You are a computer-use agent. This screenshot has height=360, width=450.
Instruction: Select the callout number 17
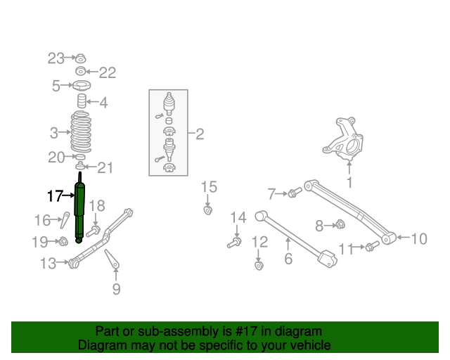(x=55, y=195)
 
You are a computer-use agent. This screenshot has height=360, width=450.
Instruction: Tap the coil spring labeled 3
(x=82, y=132)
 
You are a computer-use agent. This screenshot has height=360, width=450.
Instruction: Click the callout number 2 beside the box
(x=199, y=134)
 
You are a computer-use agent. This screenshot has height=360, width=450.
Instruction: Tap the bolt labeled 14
(x=235, y=243)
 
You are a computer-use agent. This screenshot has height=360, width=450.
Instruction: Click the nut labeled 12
(x=258, y=266)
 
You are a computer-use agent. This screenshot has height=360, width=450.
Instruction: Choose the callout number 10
(x=418, y=239)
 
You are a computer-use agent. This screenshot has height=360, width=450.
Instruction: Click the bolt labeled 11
(x=371, y=246)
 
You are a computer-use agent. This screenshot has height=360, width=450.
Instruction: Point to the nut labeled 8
(x=339, y=225)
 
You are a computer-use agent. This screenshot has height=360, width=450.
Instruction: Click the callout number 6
(x=288, y=259)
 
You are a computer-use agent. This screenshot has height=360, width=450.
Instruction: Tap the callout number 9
(x=116, y=288)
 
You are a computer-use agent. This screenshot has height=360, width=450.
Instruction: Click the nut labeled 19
(x=62, y=242)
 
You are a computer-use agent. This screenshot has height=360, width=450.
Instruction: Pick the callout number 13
(x=48, y=264)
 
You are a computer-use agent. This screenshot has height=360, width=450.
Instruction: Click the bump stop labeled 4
(x=82, y=103)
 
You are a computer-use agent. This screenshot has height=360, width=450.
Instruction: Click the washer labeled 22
(x=81, y=72)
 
